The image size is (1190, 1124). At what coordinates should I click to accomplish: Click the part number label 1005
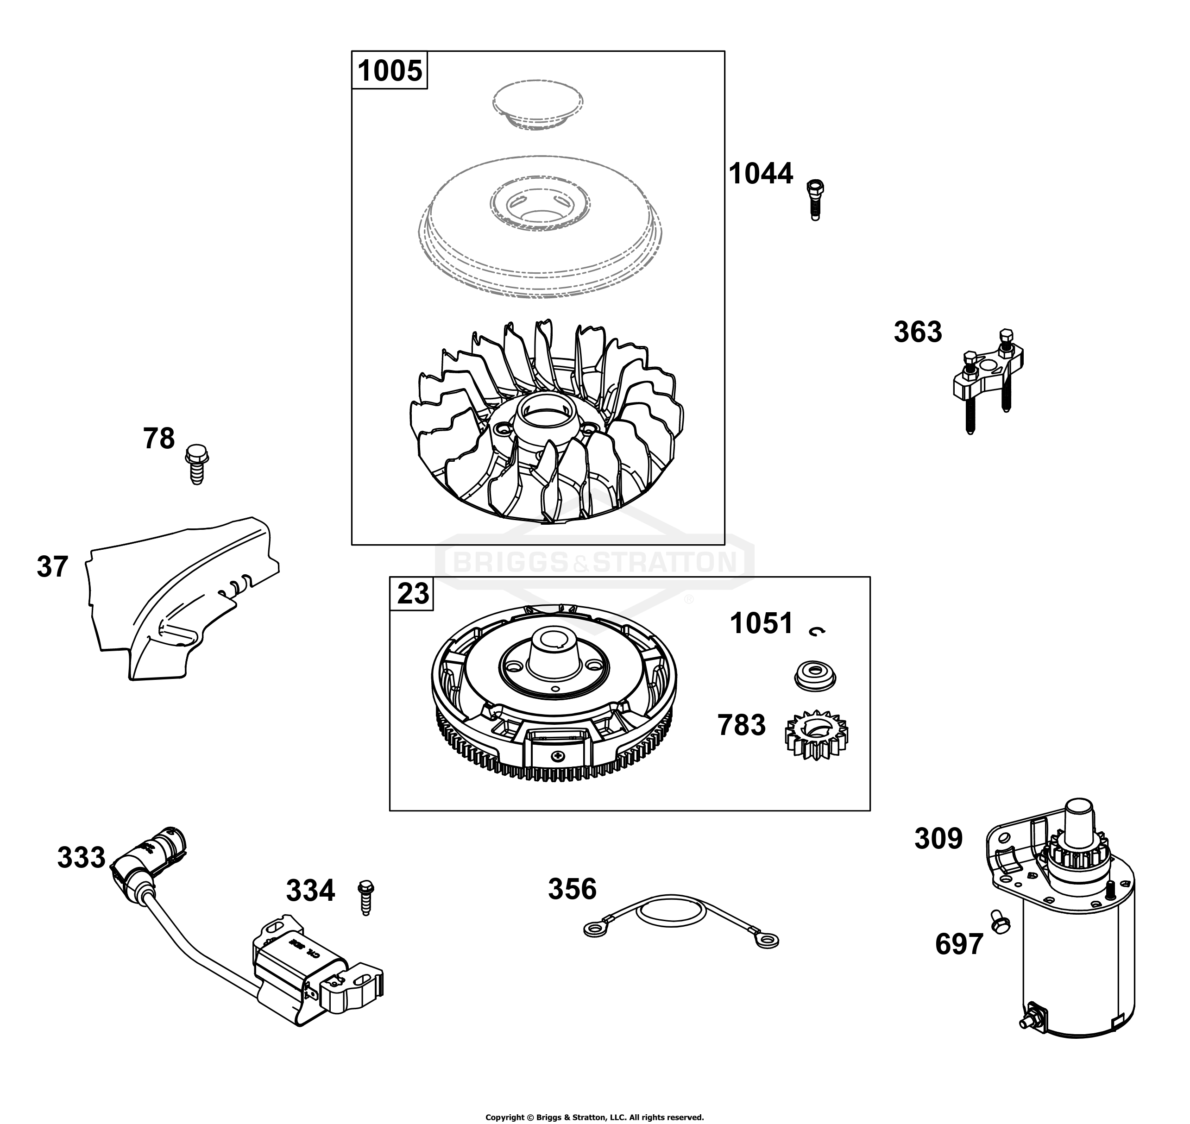390,71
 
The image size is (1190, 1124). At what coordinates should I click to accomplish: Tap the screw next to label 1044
814,200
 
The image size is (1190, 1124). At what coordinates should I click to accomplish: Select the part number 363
917,332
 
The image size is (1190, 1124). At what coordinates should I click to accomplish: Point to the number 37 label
53,567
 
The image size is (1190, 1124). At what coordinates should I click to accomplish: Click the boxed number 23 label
413,594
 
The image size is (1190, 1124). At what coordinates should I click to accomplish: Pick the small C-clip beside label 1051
817,630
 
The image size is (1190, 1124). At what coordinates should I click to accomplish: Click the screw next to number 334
365,897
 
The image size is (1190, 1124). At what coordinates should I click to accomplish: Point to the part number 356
572,889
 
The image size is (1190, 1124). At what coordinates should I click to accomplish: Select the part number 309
938,839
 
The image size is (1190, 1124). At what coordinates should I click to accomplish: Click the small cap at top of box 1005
537,104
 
